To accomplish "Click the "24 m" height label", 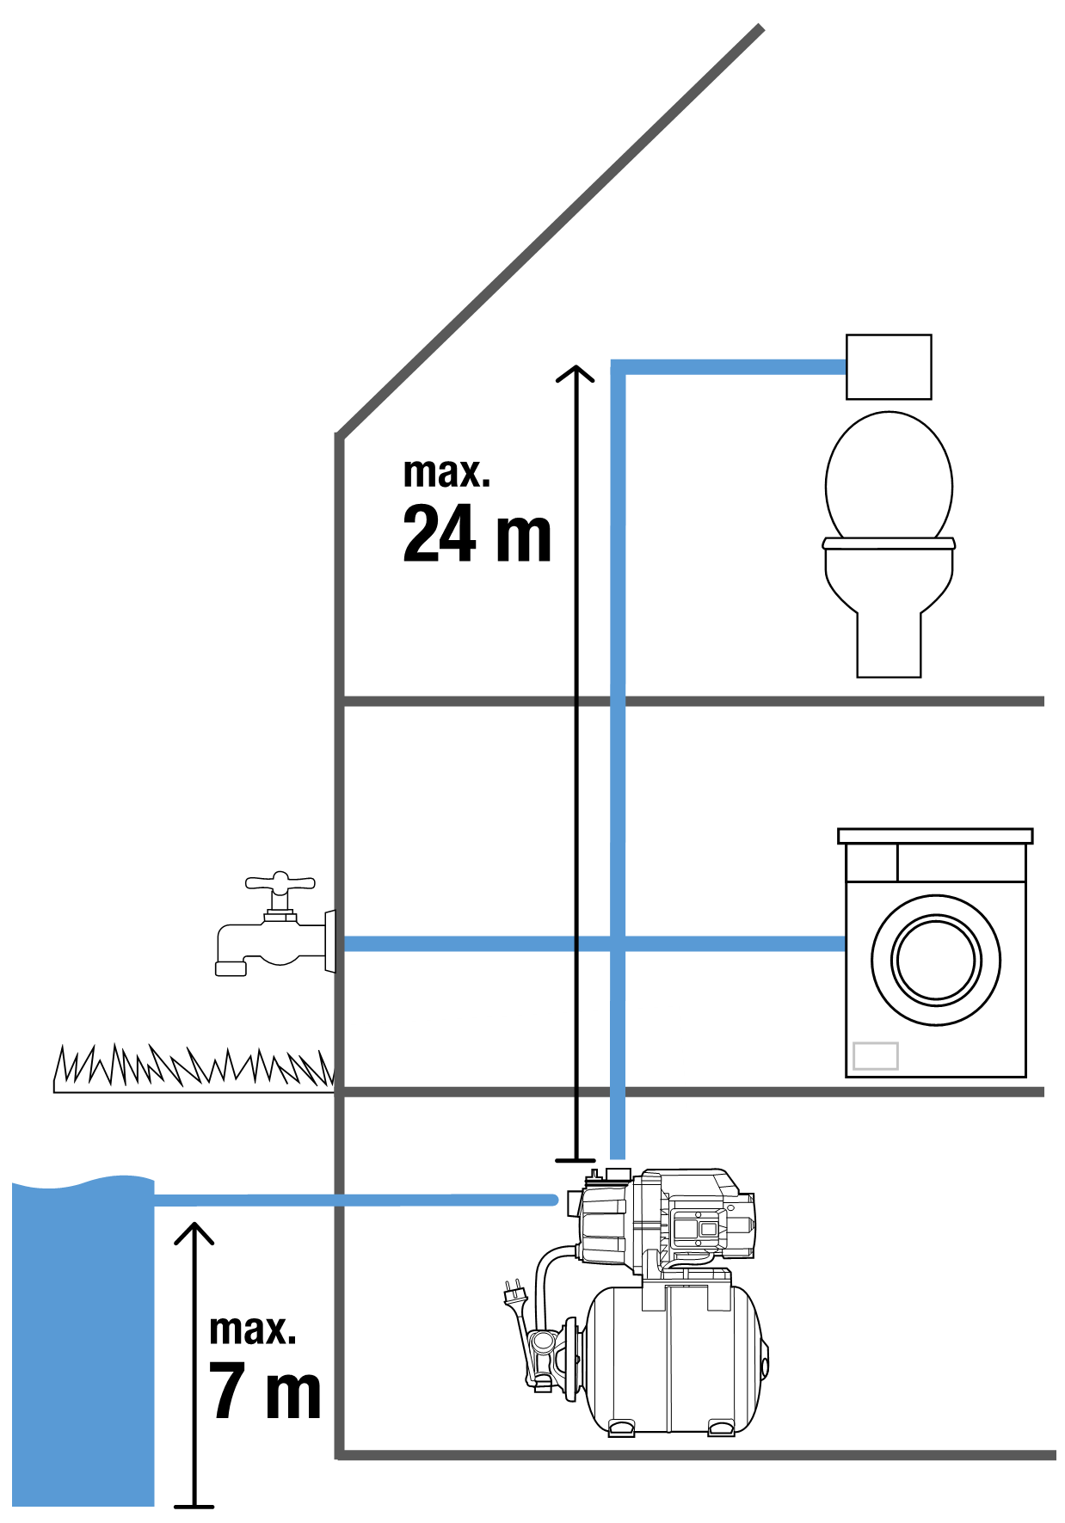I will click(477, 534).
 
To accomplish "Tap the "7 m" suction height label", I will click(265, 1391).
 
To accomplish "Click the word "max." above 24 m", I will click(446, 473).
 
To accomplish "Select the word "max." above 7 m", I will click(252, 1330).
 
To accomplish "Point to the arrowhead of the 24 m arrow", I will click(575, 373).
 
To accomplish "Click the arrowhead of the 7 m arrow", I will click(194, 1231).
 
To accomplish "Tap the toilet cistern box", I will click(889, 367).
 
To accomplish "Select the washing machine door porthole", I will click(935, 960).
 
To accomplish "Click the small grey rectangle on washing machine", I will click(875, 1055).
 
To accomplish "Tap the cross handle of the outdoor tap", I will click(280, 882).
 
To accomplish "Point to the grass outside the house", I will click(193, 1070).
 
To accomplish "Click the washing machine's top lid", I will click(935, 836).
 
